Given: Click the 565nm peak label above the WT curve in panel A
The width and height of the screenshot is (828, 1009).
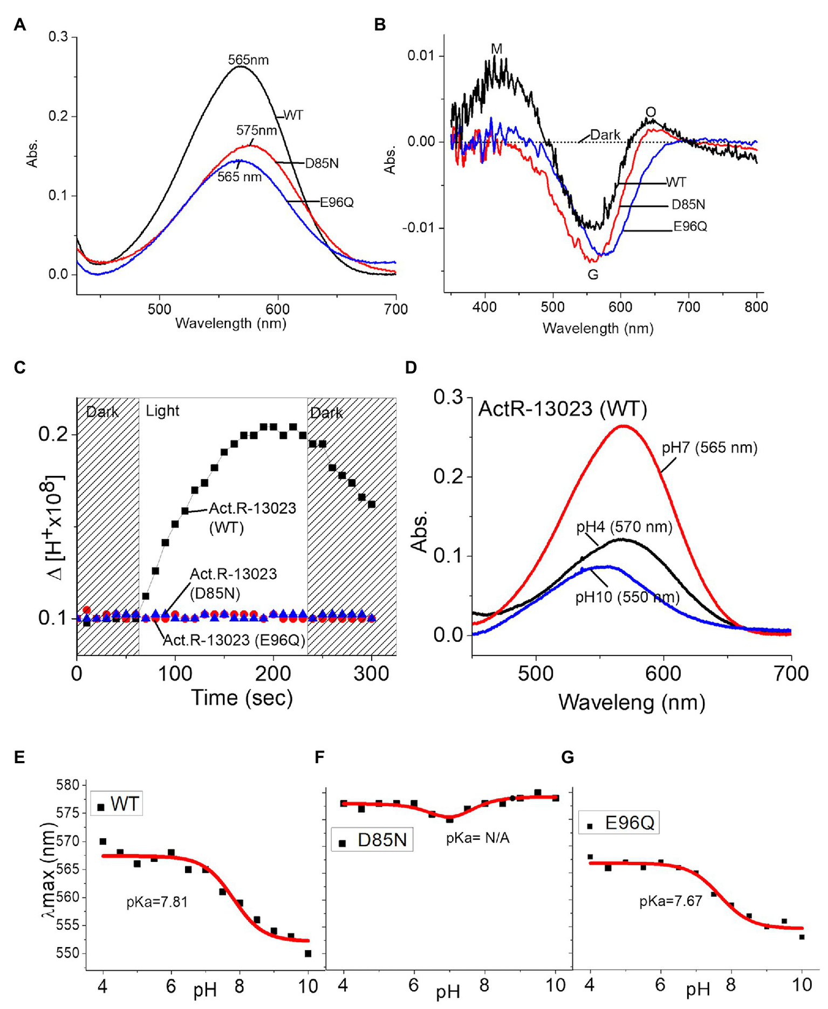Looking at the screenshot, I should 248,60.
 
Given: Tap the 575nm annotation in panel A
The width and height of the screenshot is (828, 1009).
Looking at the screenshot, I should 256,130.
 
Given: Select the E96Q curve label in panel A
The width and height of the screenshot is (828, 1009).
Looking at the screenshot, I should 337,203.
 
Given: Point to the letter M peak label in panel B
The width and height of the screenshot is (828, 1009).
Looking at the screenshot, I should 496,49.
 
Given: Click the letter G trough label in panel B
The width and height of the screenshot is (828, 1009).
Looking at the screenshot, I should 592,275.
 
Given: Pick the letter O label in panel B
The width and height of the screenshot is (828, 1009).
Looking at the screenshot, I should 651,112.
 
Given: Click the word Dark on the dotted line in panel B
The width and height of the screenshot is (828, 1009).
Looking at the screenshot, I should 605,135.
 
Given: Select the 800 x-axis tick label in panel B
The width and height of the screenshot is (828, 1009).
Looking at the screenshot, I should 756,307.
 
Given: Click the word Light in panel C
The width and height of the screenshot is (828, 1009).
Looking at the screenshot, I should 162,411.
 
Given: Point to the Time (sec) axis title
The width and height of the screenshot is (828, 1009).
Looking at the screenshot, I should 242,697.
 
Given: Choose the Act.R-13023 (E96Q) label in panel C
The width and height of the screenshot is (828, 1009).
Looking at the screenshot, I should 234,640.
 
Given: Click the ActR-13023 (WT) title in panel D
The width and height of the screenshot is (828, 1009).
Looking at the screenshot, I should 562,409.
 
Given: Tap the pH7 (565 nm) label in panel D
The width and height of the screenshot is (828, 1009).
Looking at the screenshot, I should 709,448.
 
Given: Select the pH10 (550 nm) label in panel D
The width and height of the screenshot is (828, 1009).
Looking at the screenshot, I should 627,597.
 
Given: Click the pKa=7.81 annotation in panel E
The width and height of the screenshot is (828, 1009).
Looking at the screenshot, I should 157,902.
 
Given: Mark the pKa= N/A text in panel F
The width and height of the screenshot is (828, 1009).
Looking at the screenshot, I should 477,838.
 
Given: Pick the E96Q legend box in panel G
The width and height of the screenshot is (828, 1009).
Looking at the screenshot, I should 619,823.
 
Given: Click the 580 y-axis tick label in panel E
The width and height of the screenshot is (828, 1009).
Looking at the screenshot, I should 68,785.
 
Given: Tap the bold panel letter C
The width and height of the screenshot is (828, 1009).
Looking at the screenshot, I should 20,368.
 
